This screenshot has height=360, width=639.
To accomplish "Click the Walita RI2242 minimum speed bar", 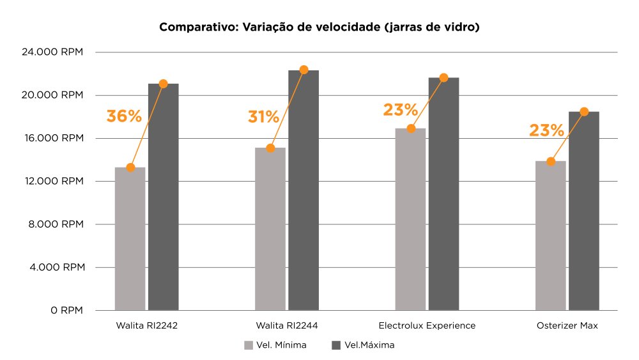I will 130,240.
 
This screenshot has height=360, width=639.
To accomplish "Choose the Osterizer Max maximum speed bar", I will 583,211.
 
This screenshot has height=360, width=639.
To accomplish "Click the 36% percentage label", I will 124,116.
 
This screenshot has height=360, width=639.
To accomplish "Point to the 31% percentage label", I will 263,117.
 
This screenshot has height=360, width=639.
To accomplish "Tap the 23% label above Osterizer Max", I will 546,131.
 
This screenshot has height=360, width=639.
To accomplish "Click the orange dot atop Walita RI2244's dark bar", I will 304,70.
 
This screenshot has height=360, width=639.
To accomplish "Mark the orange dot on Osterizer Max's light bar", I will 551,162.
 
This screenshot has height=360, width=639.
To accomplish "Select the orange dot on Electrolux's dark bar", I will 443,77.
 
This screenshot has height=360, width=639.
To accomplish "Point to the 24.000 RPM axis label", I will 53,52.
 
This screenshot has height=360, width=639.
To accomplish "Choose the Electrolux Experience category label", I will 427,325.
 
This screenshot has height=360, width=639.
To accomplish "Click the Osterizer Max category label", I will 567,325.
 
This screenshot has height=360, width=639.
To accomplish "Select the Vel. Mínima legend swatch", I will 249,345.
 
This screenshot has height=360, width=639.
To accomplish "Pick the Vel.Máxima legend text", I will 369,345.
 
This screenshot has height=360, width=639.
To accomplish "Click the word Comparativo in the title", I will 197,27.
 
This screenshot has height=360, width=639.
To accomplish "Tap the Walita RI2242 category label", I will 146,325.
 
